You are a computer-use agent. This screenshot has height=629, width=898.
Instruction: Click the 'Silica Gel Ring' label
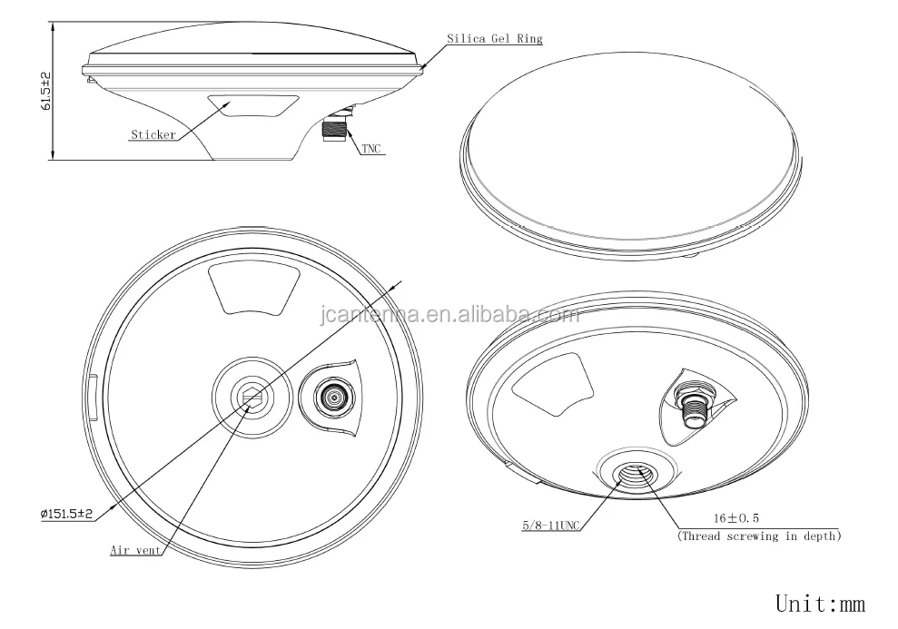tap(494, 39)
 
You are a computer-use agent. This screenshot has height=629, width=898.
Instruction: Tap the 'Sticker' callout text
tap(153, 135)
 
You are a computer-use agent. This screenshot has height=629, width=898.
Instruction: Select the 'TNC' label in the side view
tap(371, 149)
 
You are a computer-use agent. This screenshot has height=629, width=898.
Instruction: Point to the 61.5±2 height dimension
tap(45, 91)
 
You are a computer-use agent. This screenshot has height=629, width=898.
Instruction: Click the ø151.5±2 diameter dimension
tap(66, 514)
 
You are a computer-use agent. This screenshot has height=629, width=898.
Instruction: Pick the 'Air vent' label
tap(135, 550)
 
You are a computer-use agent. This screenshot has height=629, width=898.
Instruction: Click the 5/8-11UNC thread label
tap(550, 525)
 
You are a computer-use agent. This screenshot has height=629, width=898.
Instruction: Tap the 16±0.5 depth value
tap(736, 518)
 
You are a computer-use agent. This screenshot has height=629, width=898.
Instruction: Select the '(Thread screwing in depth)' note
tap(759, 536)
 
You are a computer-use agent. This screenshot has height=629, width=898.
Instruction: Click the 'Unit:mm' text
tap(820, 604)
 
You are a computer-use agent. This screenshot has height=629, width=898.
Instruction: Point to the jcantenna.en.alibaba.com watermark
tap(449, 314)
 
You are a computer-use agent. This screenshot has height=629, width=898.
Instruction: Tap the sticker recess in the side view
tap(252, 106)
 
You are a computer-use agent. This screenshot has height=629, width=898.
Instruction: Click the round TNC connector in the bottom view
tap(332, 396)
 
